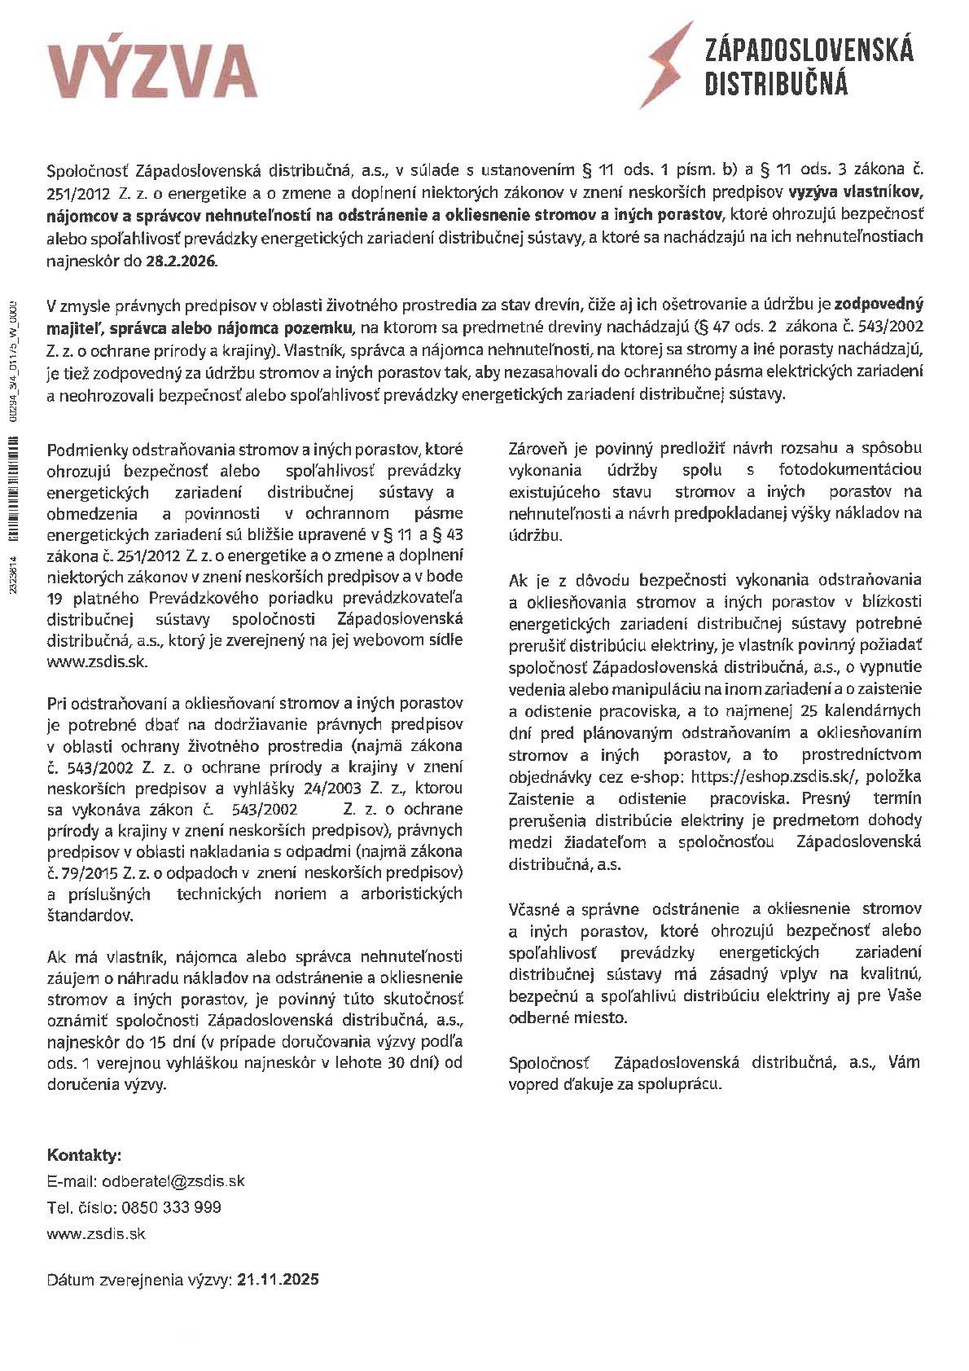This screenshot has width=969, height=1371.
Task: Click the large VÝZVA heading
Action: point(152,72)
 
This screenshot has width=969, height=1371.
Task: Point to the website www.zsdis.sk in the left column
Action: point(98,661)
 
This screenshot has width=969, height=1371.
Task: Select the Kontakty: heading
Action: point(85,1155)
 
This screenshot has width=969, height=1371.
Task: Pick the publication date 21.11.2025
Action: point(278,1279)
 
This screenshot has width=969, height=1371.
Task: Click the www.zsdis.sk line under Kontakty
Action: point(96,1233)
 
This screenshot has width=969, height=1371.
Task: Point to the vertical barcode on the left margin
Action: point(13,489)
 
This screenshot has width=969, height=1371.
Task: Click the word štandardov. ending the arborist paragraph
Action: point(90,916)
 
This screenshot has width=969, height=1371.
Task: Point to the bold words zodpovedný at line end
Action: point(879,305)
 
